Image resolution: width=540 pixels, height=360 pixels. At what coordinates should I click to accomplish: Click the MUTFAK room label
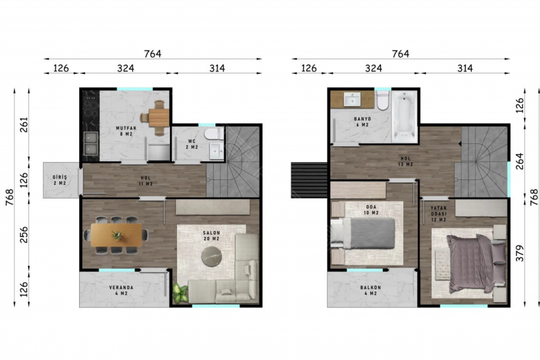tap(126, 128)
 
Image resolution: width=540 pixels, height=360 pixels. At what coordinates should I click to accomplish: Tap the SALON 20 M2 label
tap(211, 236)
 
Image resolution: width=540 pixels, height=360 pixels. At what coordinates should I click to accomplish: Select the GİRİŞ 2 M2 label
tap(59, 180)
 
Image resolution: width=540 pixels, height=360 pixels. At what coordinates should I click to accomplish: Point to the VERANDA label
tap(121, 287)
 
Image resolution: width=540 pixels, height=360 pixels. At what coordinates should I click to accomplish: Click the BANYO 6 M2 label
tap(362, 122)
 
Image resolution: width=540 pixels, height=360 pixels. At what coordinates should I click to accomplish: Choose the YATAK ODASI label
tap(439, 211)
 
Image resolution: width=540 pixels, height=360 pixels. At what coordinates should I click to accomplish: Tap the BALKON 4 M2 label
tap(371, 290)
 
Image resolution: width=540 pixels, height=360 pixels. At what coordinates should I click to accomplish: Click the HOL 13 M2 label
tap(406, 161)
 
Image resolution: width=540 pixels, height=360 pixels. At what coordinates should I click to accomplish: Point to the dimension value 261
tap(24, 125)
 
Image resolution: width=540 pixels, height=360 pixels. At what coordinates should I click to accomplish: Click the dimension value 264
tap(520, 161)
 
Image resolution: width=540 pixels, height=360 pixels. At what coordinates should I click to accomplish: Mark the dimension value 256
tap(24, 235)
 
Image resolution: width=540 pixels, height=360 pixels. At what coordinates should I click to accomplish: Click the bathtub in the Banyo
tap(404, 116)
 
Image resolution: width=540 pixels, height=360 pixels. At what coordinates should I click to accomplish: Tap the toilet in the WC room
tap(214, 134)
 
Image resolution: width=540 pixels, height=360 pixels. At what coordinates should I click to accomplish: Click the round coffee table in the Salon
tap(211, 256)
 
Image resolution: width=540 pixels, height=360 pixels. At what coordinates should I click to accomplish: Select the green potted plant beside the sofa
tap(180, 293)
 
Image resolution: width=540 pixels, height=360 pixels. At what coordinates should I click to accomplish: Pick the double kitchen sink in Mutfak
tap(91, 143)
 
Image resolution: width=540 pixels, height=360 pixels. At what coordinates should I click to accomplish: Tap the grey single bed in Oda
tap(363, 233)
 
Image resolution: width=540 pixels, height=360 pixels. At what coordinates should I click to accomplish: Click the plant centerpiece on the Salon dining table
tap(117, 235)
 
